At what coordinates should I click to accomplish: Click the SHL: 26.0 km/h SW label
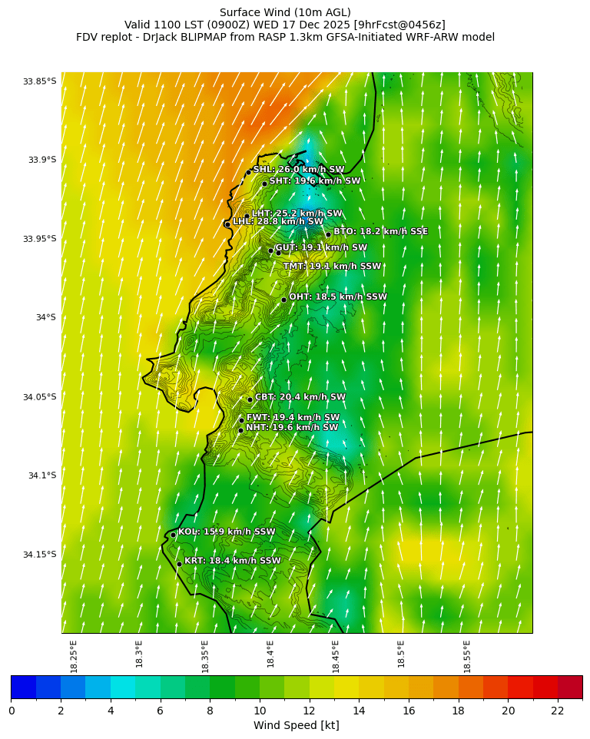point(299,170)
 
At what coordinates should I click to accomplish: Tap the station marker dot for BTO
point(328,235)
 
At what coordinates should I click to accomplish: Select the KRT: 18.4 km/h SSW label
point(232,561)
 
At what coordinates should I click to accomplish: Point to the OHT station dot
point(283,300)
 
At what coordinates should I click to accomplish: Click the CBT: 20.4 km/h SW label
point(300,397)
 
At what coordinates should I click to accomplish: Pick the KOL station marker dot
point(174,535)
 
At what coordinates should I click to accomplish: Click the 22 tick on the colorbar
point(558,711)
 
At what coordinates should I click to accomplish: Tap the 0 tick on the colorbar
point(12,711)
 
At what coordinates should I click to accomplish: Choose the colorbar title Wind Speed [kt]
point(296,725)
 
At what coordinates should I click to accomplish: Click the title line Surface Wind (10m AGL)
point(285,12)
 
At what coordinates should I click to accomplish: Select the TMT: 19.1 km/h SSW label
point(332,267)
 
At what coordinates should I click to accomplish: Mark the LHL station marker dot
point(227,224)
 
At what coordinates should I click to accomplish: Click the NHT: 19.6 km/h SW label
point(291,428)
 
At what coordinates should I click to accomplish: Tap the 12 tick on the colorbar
point(310,711)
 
